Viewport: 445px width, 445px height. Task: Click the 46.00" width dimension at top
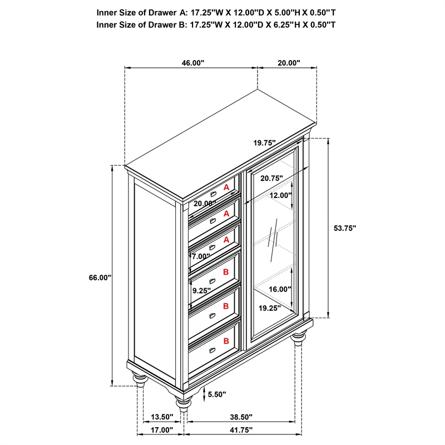coord(192,63)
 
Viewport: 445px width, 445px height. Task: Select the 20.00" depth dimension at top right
coord(289,63)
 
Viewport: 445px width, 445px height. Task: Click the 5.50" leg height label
coord(216,394)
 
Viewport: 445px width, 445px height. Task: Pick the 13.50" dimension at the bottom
coord(162,416)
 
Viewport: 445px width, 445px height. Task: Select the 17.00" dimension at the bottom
coord(162,430)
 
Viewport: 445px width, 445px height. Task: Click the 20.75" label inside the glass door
coord(271,178)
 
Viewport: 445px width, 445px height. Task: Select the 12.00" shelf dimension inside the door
coord(281,195)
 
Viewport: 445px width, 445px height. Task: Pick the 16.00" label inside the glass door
coord(280,289)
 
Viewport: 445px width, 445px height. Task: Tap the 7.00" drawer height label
coord(201,256)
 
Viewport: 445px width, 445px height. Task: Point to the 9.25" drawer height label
coord(201,290)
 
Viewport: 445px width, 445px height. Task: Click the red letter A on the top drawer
coord(226,188)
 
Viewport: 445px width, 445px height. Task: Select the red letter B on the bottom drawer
coord(226,340)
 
